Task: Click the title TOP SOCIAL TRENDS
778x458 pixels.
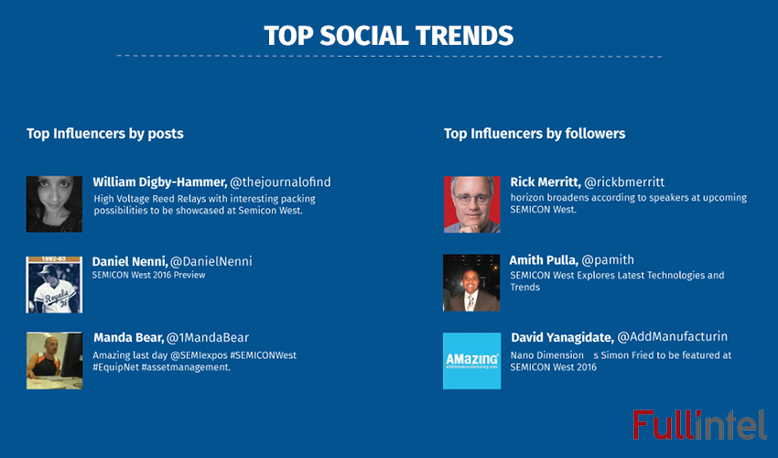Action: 388,35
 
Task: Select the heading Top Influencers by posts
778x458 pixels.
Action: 105,134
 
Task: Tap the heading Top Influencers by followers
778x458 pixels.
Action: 535,134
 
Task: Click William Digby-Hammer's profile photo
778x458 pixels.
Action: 55,203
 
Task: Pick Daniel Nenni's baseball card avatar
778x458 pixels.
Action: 55,284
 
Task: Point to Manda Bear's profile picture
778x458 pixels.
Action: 55,361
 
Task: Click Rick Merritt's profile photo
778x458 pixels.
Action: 471,203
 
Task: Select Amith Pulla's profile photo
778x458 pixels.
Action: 471,283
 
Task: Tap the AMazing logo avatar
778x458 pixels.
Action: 471,361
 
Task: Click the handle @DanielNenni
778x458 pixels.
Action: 211,262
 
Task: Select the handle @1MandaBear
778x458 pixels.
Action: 208,337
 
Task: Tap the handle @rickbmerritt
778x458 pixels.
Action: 624,182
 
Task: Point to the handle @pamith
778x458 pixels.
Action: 609,260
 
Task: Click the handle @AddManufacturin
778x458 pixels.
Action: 673,337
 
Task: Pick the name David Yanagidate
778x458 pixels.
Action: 561,337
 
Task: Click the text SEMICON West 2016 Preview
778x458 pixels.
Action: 149,275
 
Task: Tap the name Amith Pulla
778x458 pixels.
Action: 543,260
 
